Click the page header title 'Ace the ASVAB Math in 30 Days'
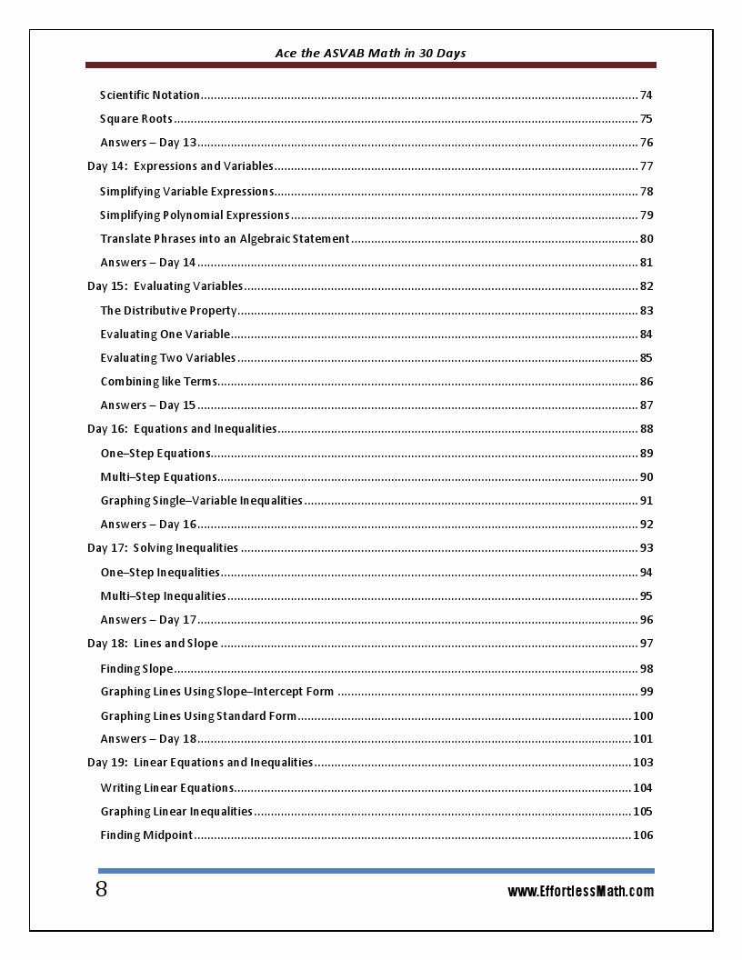(x=370, y=54)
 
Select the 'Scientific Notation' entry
(x=150, y=95)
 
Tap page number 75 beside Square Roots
(x=646, y=119)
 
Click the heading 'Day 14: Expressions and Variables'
(x=180, y=166)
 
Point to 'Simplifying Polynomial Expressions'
(x=195, y=215)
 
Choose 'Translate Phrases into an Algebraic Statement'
(x=225, y=239)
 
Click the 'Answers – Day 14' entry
(x=148, y=263)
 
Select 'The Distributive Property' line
(x=168, y=311)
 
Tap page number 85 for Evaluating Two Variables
(x=646, y=358)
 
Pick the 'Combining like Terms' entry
(x=158, y=382)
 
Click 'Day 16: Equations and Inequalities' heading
(x=182, y=429)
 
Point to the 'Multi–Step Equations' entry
(x=158, y=477)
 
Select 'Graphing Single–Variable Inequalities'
(x=201, y=501)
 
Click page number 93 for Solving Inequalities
(x=646, y=548)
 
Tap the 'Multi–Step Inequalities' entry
(x=163, y=596)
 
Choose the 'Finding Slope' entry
(x=136, y=669)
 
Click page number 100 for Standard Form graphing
(x=643, y=716)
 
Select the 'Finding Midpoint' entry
(x=146, y=835)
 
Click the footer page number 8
(x=101, y=890)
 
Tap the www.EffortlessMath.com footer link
(x=580, y=892)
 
